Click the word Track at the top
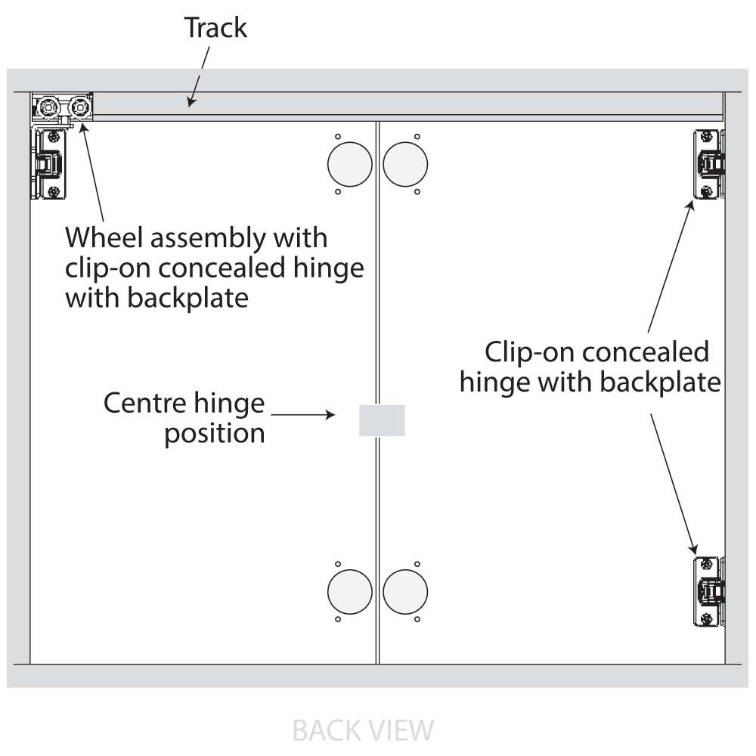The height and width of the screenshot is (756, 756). point(215,27)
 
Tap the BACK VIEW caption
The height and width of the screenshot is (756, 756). point(363,730)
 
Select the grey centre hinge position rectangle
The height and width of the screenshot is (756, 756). point(382,420)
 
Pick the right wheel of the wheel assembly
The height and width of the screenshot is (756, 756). point(79,106)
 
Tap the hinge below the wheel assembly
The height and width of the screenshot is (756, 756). point(48,164)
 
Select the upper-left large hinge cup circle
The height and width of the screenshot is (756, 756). point(349,164)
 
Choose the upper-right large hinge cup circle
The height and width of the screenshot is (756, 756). point(405,164)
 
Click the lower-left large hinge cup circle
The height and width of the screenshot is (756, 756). point(349,592)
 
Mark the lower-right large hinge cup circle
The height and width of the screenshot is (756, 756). point(405,592)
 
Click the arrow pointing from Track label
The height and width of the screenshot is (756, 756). point(199,76)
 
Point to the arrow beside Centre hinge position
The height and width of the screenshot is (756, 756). point(303,414)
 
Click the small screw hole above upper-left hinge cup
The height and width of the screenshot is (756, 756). point(338,137)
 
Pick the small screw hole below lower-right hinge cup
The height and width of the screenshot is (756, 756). point(417,619)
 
